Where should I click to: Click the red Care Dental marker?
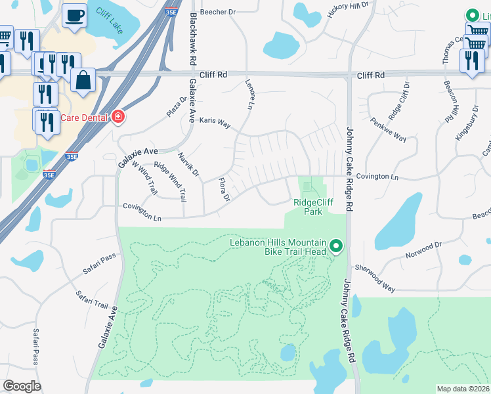click(x=117, y=118)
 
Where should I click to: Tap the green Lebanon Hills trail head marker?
click(x=337, y=247)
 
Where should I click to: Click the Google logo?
click(x=22, y=386)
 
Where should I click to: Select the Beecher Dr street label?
click(x=218, y=12)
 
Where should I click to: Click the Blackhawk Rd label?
click(x=192, y=37)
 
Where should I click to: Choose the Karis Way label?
click(x=215, y=121)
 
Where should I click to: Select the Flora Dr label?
click(x=223, y=189)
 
